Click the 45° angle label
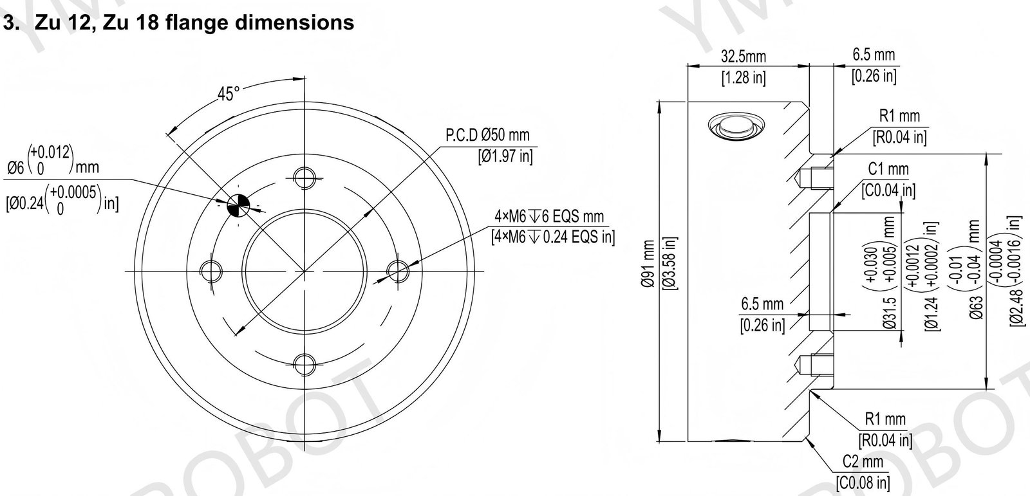tap(229, 94)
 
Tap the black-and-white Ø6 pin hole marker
tap(238, 205)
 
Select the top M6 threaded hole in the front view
tap(304, 178)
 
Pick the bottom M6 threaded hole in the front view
tap(304, 365)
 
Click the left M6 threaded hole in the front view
tap(211, 271)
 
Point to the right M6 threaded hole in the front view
tap(398, 271)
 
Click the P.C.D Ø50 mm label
tap(487, 135)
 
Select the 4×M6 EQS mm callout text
tap(549, 216)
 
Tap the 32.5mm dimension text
tap(744, 57)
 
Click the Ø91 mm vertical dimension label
tap(648, 263)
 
